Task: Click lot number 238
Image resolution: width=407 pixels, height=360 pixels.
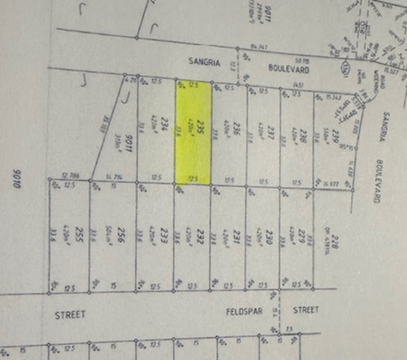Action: click(x=304, y=127)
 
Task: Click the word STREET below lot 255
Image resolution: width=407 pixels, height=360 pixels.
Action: click(x=70, y=315)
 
